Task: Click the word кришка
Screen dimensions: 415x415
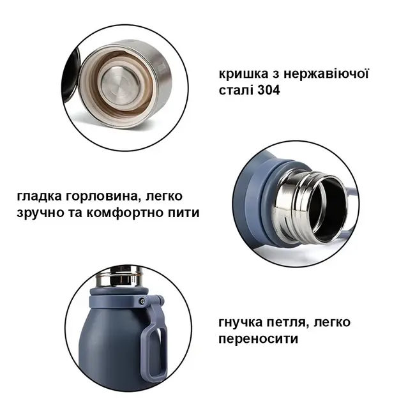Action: point(243,74)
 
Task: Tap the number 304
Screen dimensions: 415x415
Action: point(268,90)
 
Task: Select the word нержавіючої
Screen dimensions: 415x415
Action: point(326,73)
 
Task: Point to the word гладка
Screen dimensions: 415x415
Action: point(39,197)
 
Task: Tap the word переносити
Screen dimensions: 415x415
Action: point(259,339)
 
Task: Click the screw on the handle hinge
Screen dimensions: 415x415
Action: point(142,301)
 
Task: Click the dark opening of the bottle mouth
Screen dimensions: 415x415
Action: point(328,208)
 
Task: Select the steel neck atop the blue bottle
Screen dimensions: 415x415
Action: point(119,277)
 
